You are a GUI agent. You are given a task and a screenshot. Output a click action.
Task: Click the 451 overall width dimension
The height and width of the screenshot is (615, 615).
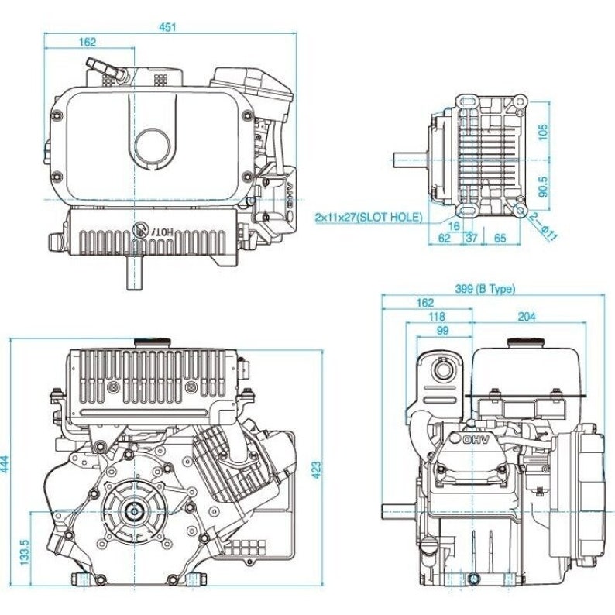(168, 26)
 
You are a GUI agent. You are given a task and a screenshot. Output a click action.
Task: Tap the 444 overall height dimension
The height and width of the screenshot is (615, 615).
(7, 464)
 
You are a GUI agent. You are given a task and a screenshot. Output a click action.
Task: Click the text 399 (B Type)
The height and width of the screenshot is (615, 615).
(484, 289)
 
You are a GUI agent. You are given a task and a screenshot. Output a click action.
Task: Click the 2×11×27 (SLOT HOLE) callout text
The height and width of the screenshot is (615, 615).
(369, 218)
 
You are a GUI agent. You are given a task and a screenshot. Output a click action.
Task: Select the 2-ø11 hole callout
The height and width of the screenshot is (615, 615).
(545, 229)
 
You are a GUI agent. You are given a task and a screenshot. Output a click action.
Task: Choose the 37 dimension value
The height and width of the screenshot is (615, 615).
(470, 239)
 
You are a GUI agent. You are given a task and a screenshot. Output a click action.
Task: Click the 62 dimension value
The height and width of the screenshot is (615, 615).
(444, 239)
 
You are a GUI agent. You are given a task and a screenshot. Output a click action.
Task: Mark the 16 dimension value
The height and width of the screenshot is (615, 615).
(453, 225)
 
